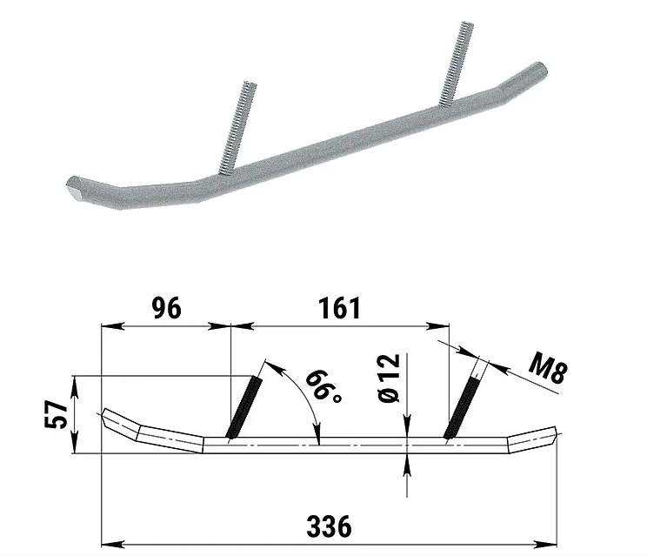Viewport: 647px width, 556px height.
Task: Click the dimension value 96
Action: (166, 308)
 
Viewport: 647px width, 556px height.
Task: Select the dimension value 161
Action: (340, 308)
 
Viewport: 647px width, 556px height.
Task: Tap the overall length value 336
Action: (329, 526)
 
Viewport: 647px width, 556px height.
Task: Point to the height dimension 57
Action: (56, 415)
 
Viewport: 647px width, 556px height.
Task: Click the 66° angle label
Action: (323, 387)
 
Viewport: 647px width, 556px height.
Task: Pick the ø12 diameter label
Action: (389, 378)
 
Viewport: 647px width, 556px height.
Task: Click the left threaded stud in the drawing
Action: (243, 408)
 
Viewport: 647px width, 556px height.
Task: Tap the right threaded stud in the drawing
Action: (462, 406)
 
